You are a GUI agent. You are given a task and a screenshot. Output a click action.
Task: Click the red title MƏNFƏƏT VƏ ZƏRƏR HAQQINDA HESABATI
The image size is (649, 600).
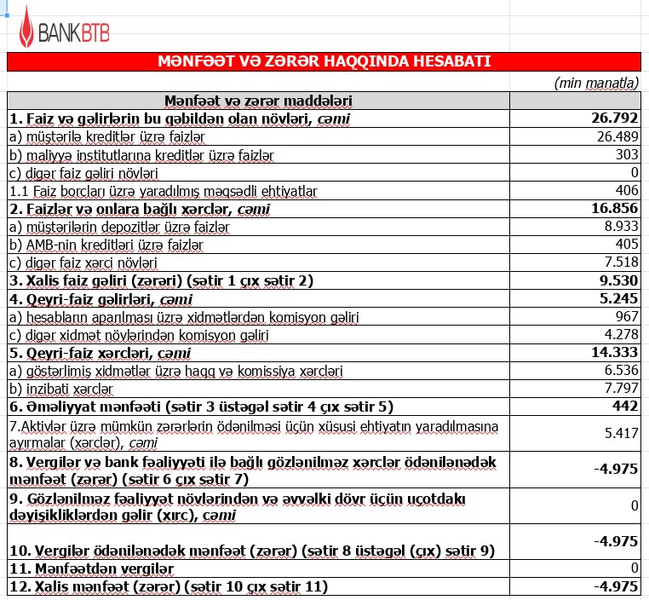(x=324, y=62)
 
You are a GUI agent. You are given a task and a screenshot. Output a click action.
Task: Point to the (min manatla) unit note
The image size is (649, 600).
(x=596, y=83)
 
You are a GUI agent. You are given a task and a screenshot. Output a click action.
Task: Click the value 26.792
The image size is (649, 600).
(x=614, y=118)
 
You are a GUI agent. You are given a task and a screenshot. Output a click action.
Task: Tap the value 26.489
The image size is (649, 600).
(x=617, y=136)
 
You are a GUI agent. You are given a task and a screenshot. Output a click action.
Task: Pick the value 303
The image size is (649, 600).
(x=627, y=154)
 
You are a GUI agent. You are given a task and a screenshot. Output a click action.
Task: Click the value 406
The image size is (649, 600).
(x=626, y=190)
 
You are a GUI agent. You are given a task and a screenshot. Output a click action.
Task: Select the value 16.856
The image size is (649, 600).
(x=614, y=209)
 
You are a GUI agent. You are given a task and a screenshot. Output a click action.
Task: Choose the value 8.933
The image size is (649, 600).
(x=620, y=227)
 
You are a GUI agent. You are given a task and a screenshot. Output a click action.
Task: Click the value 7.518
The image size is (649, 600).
(x=620, y=262)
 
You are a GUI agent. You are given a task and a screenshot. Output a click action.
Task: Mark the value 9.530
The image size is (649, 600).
(x=618, y=281)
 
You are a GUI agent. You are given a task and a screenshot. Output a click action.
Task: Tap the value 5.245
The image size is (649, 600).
(x=618, y=299)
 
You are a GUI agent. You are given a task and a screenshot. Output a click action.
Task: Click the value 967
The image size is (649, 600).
(x=626, y=317)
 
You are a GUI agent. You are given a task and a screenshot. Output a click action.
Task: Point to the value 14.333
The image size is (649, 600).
(x=614, y=353)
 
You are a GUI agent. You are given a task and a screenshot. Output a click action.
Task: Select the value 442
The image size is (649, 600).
(x=625, y=407)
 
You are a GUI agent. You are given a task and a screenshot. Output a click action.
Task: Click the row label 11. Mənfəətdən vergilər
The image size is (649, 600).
(x=91, y=568)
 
